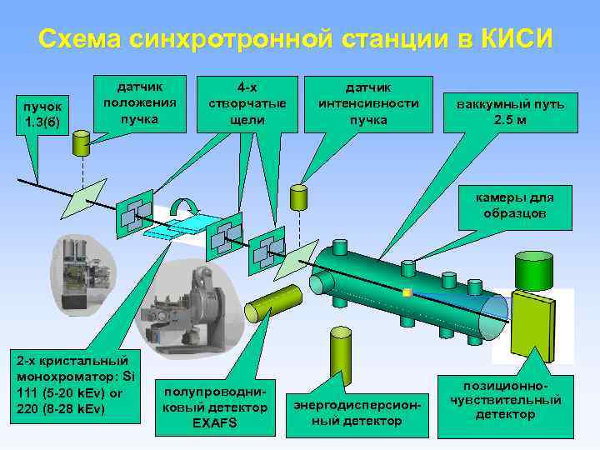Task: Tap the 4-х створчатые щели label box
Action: (x=247, y=102)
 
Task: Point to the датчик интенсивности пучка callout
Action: (x=368, y=102)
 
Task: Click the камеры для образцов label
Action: (x=514, y=205)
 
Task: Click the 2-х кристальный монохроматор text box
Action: (x=71, y=384)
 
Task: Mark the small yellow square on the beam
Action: (x=406, y=292)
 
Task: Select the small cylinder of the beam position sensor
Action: (x=82, y=144)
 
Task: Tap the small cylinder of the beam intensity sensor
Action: (x=298, y=196)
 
